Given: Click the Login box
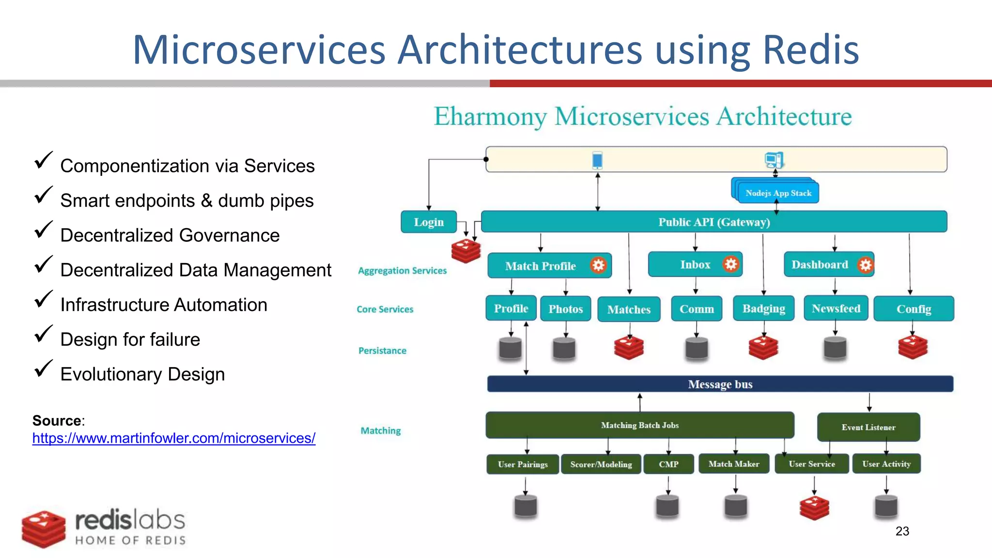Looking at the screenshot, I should (429, 222).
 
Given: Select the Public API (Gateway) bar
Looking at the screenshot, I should (713, 222).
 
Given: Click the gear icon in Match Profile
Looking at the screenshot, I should (598, 265).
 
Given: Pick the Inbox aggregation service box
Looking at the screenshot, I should (695, 264).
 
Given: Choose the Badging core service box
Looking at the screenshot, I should (763, 309).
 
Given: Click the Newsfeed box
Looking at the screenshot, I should (836, 309).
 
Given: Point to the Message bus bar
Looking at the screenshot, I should (720, 384).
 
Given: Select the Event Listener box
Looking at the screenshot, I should (868, 427).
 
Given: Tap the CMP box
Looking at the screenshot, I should (668, 464).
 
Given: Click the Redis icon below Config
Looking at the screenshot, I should (913, 347).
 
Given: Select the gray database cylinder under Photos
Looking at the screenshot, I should (564, 348).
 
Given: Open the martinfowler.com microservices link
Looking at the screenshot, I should (174, 438).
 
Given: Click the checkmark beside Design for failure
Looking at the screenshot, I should (43, 334).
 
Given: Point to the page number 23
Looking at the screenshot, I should (902, 531).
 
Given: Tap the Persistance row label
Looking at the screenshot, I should (382, 351).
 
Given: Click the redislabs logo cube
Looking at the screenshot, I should (44, 529).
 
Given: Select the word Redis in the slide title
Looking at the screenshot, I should (811, 50).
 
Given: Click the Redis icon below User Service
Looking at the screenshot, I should (814, 508).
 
